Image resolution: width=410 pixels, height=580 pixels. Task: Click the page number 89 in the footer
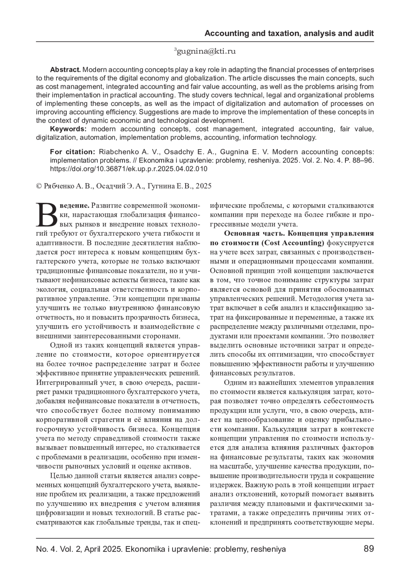369,549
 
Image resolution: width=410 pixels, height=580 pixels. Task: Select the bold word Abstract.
65,70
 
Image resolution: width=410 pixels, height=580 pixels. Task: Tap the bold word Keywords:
69,129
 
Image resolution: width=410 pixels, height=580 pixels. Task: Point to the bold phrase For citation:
72,152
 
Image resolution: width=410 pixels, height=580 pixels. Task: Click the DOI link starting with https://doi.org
128,169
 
